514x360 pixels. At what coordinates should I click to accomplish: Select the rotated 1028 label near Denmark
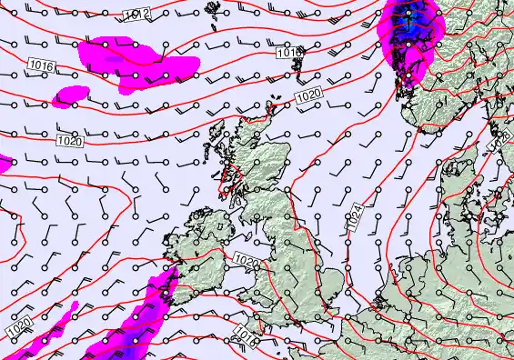click(499, 144)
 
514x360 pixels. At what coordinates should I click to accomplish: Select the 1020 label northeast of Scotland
click(308, 95)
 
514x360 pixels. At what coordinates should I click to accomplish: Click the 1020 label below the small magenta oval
click(67, 140)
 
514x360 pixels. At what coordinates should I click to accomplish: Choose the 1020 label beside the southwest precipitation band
click(19, 325)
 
